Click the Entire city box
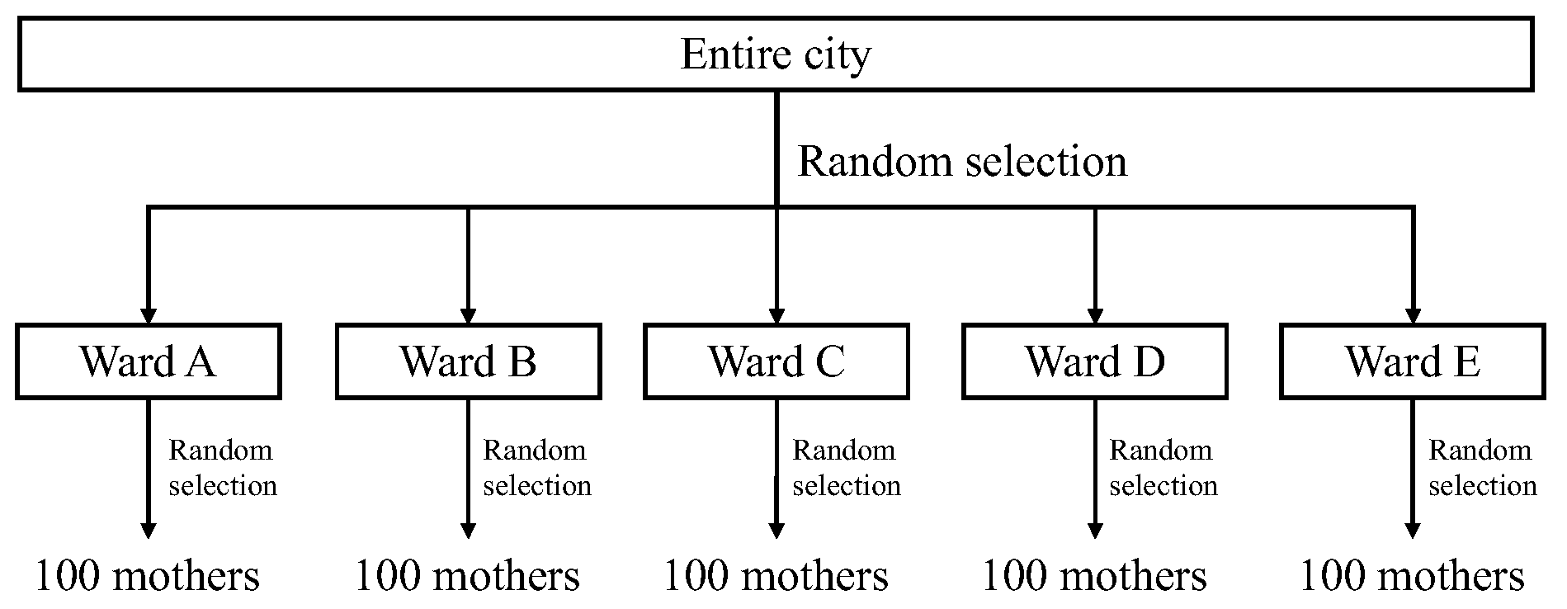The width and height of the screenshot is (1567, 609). [x=776, y=54]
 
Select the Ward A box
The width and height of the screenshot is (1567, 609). [x=149, y=361]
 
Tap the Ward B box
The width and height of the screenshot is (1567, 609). [x=468, y=361]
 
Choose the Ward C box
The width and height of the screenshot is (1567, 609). [x=776, y=361]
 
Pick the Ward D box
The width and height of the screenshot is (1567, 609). [x=1094, y=361]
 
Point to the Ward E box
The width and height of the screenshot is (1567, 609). [x=1412, y=361]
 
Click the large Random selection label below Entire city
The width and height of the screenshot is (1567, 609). [x=962, y=161]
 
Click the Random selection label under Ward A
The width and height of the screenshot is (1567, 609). [x=222, y=468]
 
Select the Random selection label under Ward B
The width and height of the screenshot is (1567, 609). [x=536, y=468]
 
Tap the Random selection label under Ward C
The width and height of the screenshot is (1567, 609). [x=846, y=468]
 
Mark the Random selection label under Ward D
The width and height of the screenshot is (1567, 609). [x=1163, y=468]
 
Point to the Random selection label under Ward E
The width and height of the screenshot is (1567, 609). [x=1482, y=468]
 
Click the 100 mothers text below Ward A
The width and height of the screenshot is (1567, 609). [x=148, y=576]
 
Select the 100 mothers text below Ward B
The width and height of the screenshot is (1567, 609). [x=467, y=576]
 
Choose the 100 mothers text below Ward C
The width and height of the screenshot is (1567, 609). [x=776, y=576]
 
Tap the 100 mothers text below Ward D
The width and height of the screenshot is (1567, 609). [x=1094, y=576]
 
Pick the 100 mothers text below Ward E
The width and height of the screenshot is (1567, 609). [x=1412, y=576]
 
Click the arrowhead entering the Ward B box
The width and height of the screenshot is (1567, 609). [x=468, y=316]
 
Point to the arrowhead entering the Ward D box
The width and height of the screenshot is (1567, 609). [x=1095, y=316]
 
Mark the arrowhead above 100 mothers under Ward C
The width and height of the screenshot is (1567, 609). [x=776, y=530]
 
